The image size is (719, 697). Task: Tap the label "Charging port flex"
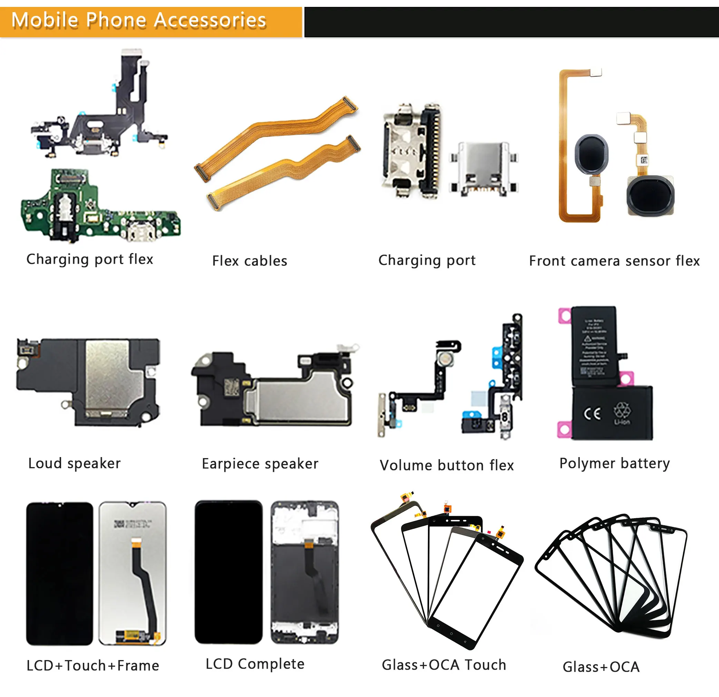coord(90,259)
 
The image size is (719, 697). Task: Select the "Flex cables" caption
coord(250,261)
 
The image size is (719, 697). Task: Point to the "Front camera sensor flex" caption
coord(614,261)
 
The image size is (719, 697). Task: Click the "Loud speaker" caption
coord(75,463)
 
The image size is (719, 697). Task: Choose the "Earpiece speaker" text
coord(260,464)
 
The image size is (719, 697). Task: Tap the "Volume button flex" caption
coord(446,465)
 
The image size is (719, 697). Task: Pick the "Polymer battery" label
coord(614,463)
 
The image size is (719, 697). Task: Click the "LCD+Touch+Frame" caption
coord(93,666)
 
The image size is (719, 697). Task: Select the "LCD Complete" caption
coord(255,664)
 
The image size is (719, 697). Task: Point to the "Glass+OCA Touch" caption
coord(444,665)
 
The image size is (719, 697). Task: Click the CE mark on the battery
coord(592,414)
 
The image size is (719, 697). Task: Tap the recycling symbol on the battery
coord(622,411)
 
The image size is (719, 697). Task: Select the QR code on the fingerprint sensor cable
coord(644,159)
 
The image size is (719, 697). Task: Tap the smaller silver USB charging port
coord(484,167)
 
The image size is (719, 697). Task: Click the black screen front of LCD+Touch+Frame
coord(59,574)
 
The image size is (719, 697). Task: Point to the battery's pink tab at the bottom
coord(564,429)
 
